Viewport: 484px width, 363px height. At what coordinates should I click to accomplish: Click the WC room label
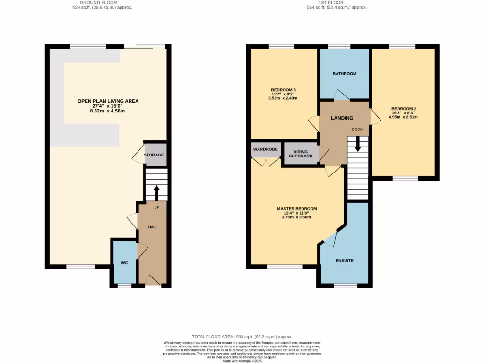(x=124, y=263)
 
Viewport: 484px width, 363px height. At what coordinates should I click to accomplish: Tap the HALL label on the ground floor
(x=153, y=227)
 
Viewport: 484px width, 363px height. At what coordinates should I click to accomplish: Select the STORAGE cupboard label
(x=154, y=155)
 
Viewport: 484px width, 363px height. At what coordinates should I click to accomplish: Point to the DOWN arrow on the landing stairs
(x=358, y=144)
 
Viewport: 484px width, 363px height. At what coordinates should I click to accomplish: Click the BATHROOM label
(x=344, y=74)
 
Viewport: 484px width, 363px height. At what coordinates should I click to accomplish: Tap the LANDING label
(x=342, y=118)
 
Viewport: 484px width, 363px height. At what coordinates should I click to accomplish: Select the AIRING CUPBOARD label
(x=300, y=154)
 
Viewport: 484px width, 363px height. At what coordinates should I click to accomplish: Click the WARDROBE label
(x=265, y=149)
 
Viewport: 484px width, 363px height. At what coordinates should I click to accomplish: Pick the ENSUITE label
(x=345, y=261)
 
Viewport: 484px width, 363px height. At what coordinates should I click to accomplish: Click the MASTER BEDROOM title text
(x=297, y=208)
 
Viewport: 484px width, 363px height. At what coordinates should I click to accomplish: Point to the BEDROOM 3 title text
(x=284, y=90)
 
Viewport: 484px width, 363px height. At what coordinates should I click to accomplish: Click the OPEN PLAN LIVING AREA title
(x=108, y=101)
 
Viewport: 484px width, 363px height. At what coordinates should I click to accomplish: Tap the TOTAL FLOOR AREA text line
(x=242, y=336)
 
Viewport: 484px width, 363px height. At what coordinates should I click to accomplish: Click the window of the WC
(x=124, y=285)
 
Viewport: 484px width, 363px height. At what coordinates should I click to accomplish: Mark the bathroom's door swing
(x=342, y=95)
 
